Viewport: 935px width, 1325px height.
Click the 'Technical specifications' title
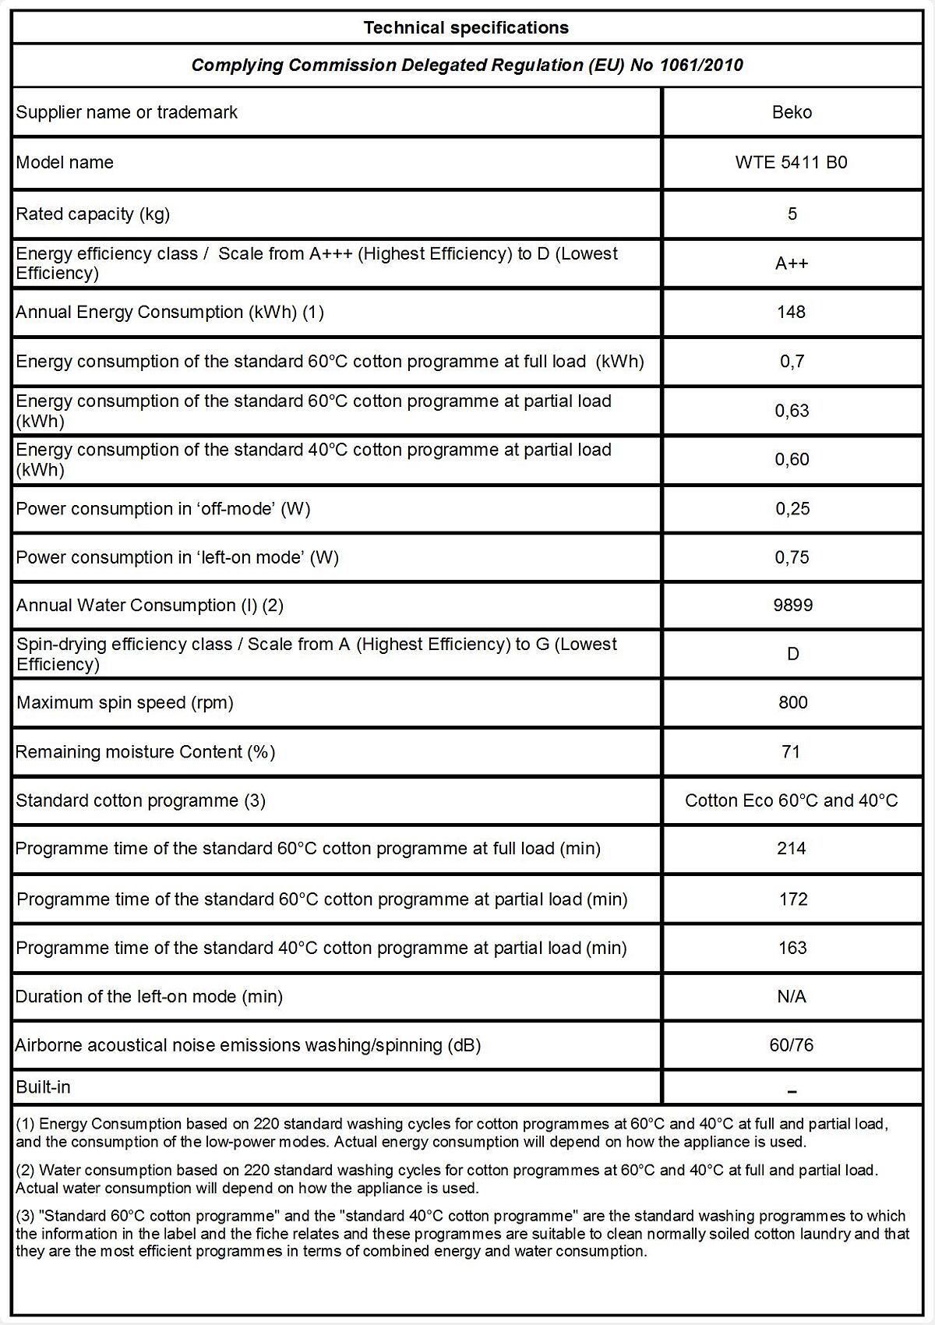pyautogui.click(x=466, y=28)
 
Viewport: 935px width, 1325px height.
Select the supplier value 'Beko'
pyautogui.click(x=792, y=112)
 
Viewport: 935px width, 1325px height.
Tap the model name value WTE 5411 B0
pyautogui.click(x=791, y=162)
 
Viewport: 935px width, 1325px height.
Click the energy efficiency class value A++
pyautogui.click(x=792, y=263)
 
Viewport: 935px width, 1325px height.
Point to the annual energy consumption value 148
pyautogui.click(x=791, y=312)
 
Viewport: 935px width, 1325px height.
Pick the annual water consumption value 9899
pyautogui.click(x=792, y=606)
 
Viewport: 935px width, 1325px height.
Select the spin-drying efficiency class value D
pyautogui.click(x=792, y=654)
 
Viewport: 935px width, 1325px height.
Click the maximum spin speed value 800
pyautogui.click(x=792, y=702)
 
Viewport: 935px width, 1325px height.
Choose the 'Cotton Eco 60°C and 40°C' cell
pyautogui.click(x=791, y=800)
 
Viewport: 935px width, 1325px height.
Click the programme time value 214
pyautogui.click(x=791, y=849)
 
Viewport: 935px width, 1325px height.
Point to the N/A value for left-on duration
pyautogui.click(x=791, y=996)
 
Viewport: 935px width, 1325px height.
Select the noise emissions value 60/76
pyautogui.click(x=791, y=1045)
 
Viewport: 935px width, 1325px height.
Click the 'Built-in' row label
pyautogui.click(x=44, y=1086)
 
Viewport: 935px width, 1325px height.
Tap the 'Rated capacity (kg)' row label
pyautogui.click(x=93, y=214)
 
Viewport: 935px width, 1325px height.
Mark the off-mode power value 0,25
pyautogui.click(x=792, y=509)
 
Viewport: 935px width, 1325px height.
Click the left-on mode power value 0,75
pyautogui.click(x=792, y=557)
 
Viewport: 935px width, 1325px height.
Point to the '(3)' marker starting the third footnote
pyautogui.click(x=25, y=1216)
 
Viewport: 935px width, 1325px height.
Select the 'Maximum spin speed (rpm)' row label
pyautogui.click(x=125, y=702)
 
